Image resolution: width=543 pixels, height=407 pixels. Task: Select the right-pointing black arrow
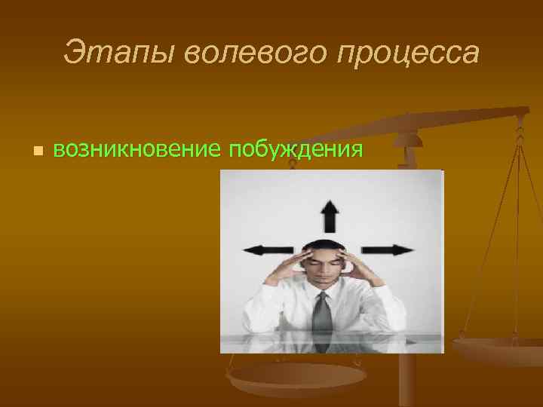(387, 249)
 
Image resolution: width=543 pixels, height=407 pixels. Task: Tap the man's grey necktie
(321, 313)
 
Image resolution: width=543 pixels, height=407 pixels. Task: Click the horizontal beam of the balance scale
(468, 117)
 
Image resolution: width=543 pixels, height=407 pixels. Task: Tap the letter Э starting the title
(74, 53)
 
